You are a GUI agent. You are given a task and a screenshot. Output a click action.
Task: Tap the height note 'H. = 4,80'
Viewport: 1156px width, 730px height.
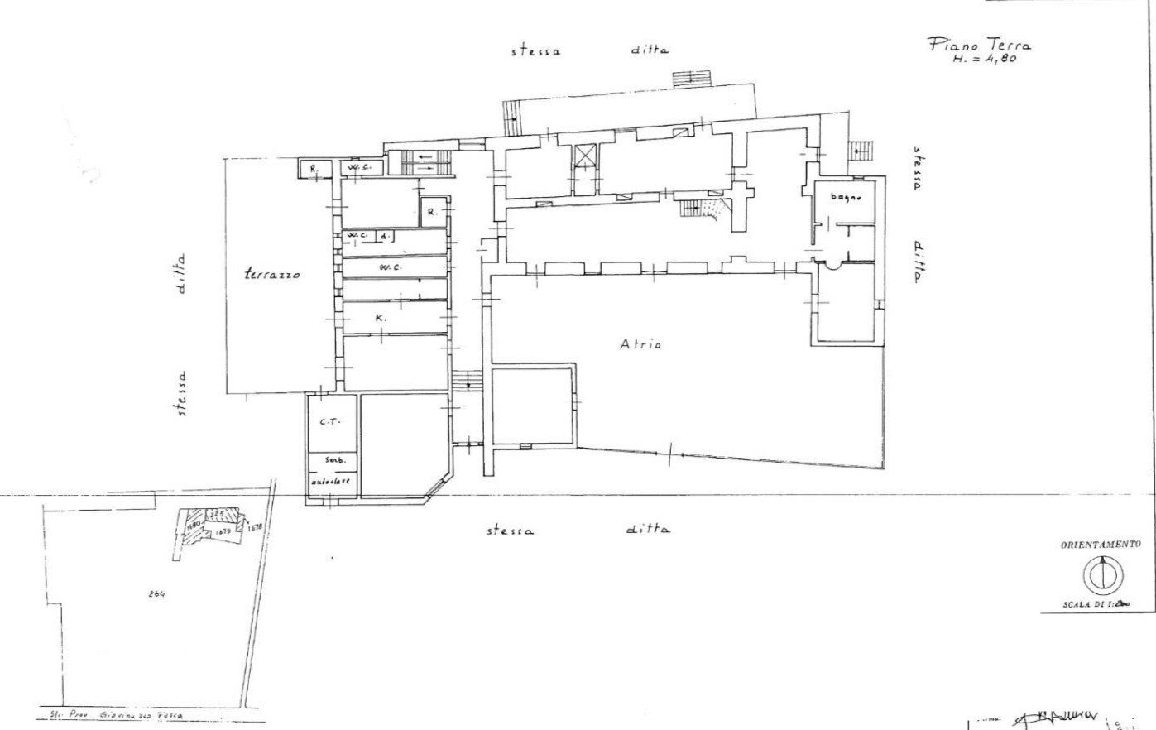[x=983, y=60]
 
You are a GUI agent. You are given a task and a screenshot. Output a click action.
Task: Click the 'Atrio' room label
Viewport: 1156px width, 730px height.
[x=640, y=344]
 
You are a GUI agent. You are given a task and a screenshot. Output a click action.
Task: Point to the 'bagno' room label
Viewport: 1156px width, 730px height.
[x=847, y=197]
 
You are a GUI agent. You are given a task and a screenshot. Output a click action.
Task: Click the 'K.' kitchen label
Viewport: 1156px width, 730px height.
[x=379, y=318]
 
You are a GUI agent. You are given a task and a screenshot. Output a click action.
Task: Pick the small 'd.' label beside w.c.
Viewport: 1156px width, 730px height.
[x=386, y=237]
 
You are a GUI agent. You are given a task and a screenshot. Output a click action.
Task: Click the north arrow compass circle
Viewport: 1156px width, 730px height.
[x=1101, y=574]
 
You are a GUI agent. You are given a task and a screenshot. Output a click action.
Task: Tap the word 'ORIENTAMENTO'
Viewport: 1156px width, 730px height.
[x=1101, y=545]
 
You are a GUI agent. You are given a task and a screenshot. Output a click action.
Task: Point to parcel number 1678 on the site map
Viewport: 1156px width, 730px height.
[x=254, y=526]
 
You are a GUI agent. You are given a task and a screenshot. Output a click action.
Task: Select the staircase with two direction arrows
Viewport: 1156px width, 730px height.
[x=427, y=161]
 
